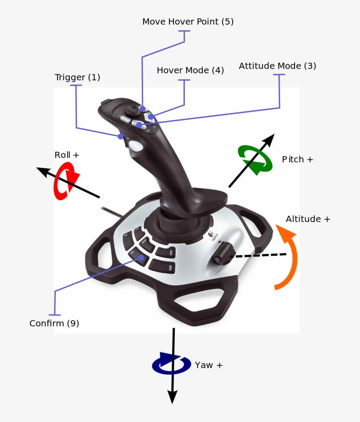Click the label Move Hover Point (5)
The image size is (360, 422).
188,21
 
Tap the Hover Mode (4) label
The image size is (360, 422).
190,70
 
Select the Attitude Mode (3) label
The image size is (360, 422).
277,66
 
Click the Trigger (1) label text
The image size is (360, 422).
77,77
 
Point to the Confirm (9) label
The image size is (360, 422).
54,323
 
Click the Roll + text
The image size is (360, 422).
67,155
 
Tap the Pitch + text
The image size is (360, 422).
297,159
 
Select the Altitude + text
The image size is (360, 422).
308,219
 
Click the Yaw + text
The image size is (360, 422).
209,365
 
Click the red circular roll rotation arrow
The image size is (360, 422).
65,181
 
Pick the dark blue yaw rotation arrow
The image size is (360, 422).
171,364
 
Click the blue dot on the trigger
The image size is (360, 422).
120,136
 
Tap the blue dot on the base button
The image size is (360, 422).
141,257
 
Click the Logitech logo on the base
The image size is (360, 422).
213,235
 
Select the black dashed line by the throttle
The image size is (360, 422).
259,255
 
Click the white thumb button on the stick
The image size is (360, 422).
137,146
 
